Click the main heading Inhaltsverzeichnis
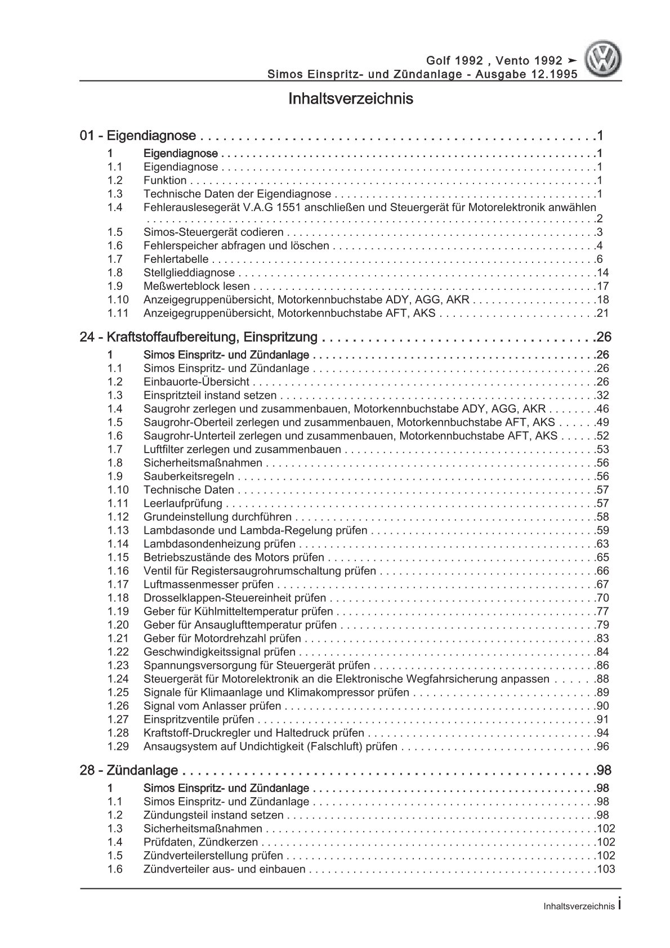pos(350,99)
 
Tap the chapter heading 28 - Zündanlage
pos(129,770)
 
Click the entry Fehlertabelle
pos(176,260)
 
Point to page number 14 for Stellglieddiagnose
pos(602,273)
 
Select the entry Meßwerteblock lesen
pos(189,287)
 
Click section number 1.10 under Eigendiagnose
pos(118,300)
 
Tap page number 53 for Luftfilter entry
pos(602,450)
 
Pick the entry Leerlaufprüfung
pos(183,504)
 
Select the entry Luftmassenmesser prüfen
pos(208,585)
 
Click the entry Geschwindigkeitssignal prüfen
pos(220,652)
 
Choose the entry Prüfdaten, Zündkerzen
pos(200,843)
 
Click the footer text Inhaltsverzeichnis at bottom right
pos(578,906)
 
